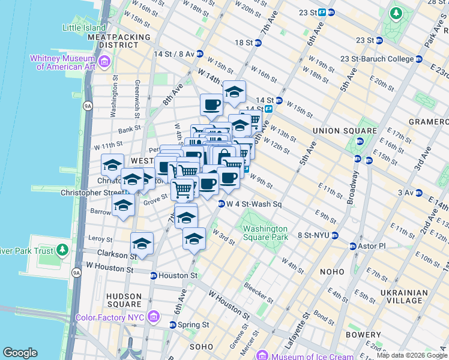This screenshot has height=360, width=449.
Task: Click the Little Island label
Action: tap(85, 27)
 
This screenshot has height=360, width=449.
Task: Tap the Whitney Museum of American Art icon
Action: tap(104, 61)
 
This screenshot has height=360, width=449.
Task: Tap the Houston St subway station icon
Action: tap(154, 275)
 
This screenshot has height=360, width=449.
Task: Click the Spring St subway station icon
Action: tap(173, 325)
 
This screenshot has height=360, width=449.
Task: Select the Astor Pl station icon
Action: tap(354, 246)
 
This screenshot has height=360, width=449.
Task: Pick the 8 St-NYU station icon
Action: tap(336, 235)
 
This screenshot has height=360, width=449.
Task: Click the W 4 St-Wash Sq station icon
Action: tap(221, 204)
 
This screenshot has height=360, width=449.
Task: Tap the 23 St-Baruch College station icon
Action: tap(418, 59)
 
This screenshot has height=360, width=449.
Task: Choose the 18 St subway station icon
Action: tap(258, 43)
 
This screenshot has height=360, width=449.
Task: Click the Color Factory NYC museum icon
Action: tap(154, 316)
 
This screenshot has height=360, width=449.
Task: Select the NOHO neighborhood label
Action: tap(332, 272)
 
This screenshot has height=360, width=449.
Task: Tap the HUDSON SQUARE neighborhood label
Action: tap(124, 300)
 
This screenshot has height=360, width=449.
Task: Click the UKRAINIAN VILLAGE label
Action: tap(404, 297)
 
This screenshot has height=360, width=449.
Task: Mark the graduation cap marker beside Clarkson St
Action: tap(142, 243)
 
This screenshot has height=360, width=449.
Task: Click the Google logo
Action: tap(20, 353)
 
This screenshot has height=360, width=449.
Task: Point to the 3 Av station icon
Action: tap(418, 193)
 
